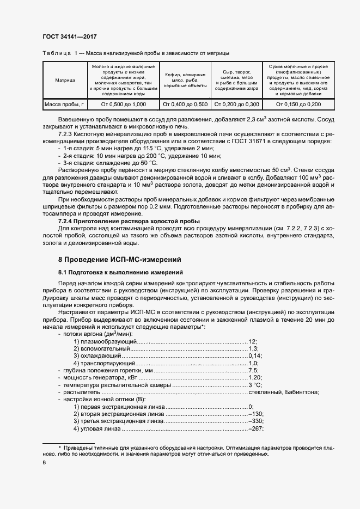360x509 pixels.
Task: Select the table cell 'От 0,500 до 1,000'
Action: pyautogui.click(x=124, y=104)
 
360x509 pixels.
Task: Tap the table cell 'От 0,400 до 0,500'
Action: pyautogui.click(x=185, y=104)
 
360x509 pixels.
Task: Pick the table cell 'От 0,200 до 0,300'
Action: pyautogui.click(x=236, y=104)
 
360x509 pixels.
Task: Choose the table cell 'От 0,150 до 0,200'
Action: pyautogui.click(x=298, y=104)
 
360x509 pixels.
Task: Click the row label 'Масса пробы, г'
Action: pyautogui.click(x=64, y=104)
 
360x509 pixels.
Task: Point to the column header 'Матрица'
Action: pyautogui.click(x=65, y=80)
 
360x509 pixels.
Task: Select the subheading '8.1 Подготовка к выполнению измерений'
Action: pyautogui.click(x=120, y=272)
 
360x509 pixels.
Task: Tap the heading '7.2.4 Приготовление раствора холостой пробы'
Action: pyautogui.click(x=124, y=222)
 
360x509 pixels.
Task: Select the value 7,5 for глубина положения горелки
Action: pyautogui.click(x=253, y=370)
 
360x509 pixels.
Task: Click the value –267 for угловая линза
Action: pyautogui.click(x=255, y=428)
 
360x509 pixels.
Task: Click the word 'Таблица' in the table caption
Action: pyautogui.click(x=56, y=54)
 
